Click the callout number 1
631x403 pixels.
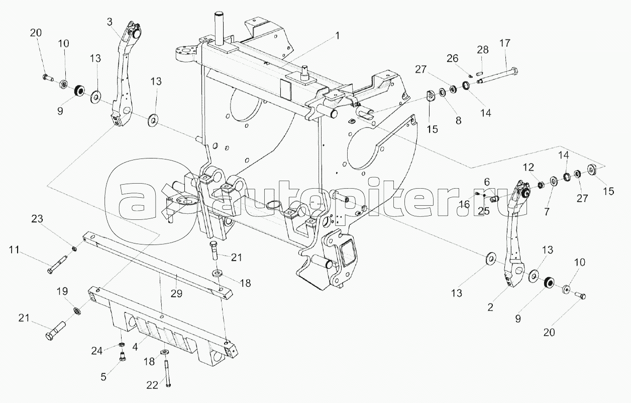coord(338,36)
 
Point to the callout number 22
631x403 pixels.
coord(152,385)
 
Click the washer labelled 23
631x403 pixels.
coord(74,248)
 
